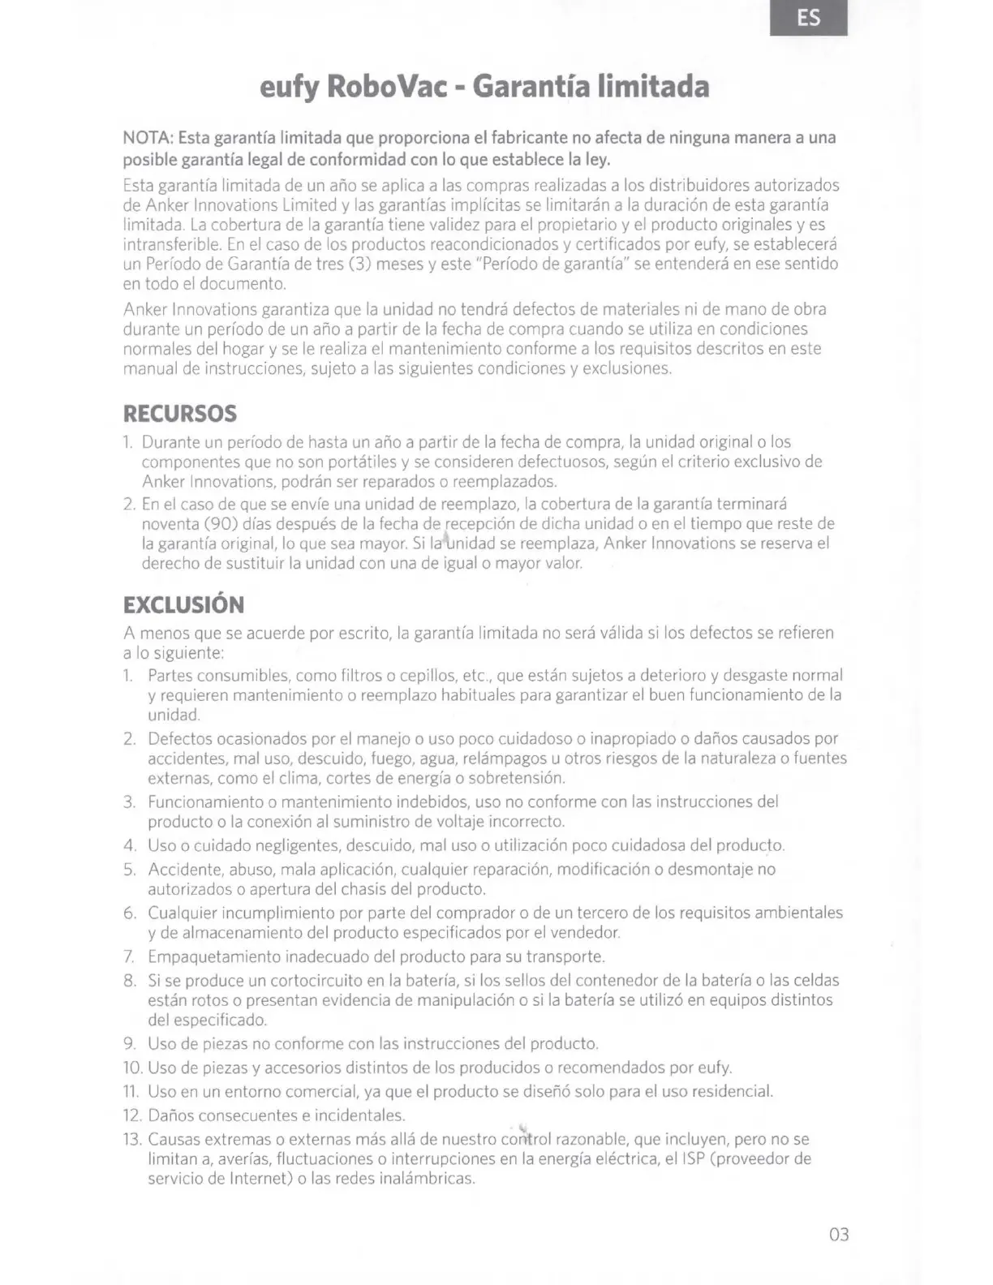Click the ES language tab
coord(808,18)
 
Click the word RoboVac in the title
coord(387,86)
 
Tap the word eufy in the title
coord(288,88)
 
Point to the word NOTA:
coord(148,137)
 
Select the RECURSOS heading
coord(180,414)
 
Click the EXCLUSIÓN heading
coord(183,605)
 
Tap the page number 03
coord(839,1235)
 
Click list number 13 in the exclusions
coord(132,1139)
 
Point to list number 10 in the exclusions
coord(132,1068)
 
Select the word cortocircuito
coord(317,981)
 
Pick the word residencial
coord(730,1091)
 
